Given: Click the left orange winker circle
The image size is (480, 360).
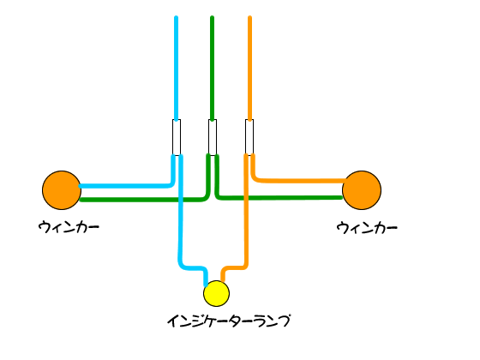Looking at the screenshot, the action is pyautogui.click(x=62, y=190).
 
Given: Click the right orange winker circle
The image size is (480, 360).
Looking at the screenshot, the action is pyautogui.click(x=362, y=190).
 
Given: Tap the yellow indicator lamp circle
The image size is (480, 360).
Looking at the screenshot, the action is pyautogui.click(x=216, y=293).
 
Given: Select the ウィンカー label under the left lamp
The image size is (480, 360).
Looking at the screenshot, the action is pyautogui.click(x=69, y=227).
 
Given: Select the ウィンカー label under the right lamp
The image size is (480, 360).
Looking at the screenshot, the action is pyautogui.click(x=367, y=228).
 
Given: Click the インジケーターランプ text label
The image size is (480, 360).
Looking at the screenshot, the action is pyautogui.click(x=228, y=321).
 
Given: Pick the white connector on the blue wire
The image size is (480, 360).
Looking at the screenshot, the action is pyautogui.click(x=177, y=137).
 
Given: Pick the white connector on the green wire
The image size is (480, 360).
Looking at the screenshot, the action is pyautogui.click(x=213, y=137).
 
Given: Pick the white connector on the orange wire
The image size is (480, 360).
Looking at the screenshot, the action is pyautogui.click(x=249, y=136).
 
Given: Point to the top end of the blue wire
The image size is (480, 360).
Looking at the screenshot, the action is pyautogui.click(x=176, y=17).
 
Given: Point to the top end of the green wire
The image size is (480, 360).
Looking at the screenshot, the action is pyautogui.click(x=213, y=17).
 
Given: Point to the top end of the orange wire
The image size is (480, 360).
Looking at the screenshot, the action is pyautogui.click(x=249, y=17).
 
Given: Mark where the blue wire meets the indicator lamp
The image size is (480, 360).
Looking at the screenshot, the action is pyautogui.click(x=207, y=285).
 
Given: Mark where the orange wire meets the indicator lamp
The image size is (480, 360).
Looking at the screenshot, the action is pyautogui.click(x=223, y=280).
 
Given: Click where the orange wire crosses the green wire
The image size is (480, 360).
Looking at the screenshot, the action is pyautogui.click(x=246, y=198).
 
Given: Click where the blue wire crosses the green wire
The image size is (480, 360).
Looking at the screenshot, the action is pyautogui.click(x=181, y=200).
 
